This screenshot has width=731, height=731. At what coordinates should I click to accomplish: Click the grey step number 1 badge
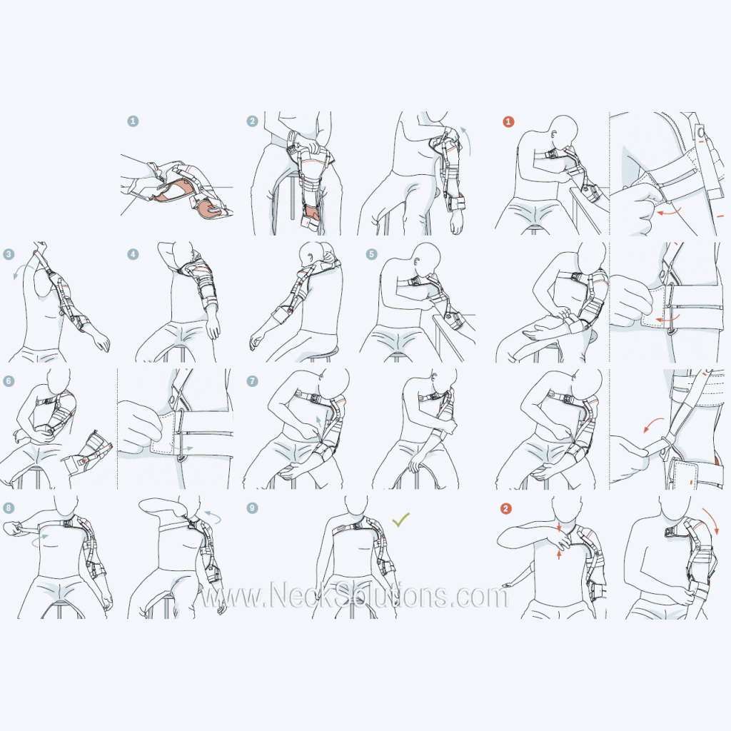click(133, 121)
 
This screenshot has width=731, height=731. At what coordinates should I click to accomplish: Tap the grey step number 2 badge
click(252, 121)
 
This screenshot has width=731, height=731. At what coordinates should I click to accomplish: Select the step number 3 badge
click(9, 253)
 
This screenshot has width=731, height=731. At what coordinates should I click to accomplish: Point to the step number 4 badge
click(133, 253)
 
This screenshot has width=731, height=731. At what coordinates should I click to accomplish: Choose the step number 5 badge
click(371, 253)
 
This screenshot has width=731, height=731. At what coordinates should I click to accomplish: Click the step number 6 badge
click(9, 381)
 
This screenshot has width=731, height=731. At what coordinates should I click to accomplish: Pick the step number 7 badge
click(252, 381)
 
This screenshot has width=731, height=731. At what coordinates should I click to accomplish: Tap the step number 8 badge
click(9, 508)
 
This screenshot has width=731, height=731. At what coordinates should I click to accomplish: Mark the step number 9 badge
click(252, 508)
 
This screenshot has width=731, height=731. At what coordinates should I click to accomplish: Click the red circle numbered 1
click(508, 121)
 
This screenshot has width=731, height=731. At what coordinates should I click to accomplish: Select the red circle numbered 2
click(506, 508)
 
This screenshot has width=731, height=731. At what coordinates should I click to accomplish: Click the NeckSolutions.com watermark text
click(353, 595)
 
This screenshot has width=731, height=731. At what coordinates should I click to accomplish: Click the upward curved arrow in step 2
click(465, 137)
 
